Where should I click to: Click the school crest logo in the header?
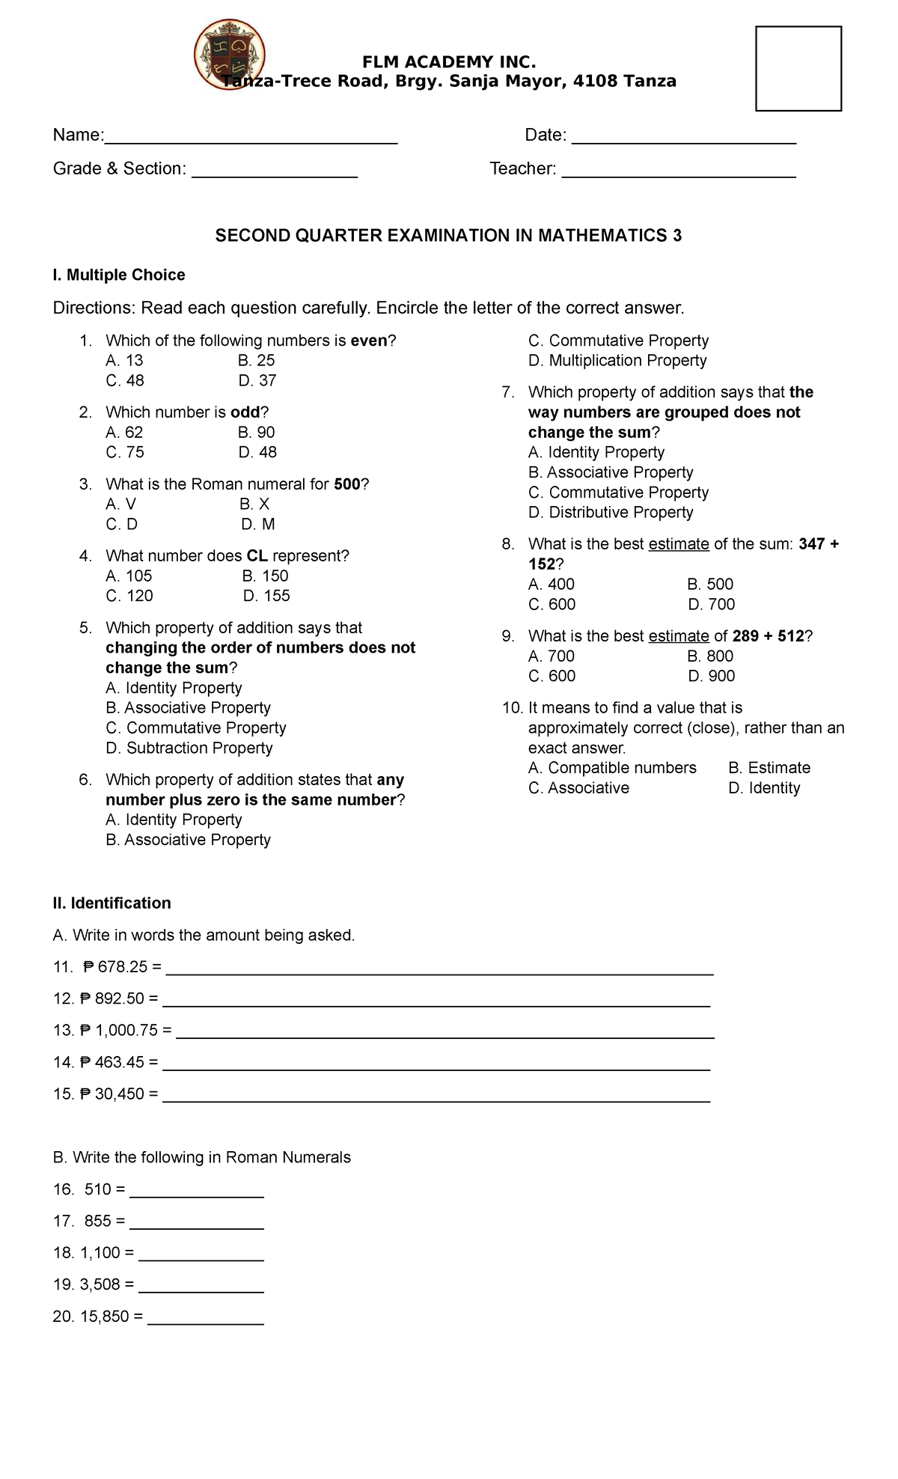[x=229, y=54]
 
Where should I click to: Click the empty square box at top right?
[x=798, y=68]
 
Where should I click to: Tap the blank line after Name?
[x=251, y=138]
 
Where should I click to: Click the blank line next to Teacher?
[x=678, y=171]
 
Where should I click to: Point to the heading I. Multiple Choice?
[x=119, y=275]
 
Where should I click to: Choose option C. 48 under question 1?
[x=125, y=380]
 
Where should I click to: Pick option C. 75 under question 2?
[x=125, y=452]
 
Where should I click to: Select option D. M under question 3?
[x=258, y=524]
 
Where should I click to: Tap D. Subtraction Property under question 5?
[x=189, y=748]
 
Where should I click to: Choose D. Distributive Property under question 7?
[x=611, y=512]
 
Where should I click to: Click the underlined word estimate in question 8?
[x=678, y=544]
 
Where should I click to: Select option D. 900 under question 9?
[x=711, y=676]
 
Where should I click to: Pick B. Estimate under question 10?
[x=769, y=767]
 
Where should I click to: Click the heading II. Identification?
[x=112, y=903]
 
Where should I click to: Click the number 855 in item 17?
[x=97, y=1221]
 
